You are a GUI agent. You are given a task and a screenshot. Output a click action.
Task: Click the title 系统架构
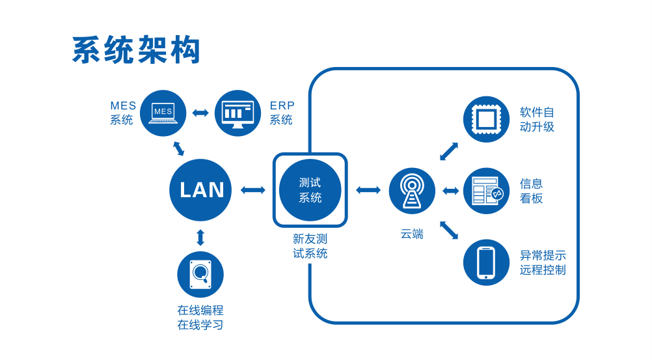(135, 50)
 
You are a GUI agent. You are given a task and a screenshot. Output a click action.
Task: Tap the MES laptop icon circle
(163, 113)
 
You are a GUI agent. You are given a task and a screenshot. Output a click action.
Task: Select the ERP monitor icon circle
(238, 113)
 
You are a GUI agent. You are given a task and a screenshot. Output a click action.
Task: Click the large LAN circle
(200, 189)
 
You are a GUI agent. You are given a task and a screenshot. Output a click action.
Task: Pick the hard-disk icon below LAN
(200, 275)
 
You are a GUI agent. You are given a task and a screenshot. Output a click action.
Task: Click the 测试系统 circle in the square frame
(310, 189)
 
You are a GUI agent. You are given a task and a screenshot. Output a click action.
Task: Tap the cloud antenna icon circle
(412, 190)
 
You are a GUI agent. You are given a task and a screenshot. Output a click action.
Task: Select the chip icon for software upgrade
(486, 119)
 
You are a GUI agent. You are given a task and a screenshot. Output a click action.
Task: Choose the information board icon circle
(486, 191)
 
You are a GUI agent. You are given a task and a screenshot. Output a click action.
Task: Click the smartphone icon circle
(486, 262)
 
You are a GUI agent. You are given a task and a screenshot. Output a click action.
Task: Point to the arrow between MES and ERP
(200, 113)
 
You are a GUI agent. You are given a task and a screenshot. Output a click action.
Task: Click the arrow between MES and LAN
(178, 148)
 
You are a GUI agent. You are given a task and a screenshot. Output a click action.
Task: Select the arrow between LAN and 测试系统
(252, 190)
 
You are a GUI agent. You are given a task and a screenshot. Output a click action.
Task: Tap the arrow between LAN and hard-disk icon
(200, 237)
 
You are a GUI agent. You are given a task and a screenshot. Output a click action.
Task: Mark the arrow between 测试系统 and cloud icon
(368, 190)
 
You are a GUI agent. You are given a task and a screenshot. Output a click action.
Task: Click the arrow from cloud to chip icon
(449, 151)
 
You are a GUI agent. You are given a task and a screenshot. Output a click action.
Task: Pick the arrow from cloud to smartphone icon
(449, 230)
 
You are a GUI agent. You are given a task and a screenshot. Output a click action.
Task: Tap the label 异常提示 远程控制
(542, 262)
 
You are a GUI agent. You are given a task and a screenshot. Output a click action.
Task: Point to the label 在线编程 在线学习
(200, 318)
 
